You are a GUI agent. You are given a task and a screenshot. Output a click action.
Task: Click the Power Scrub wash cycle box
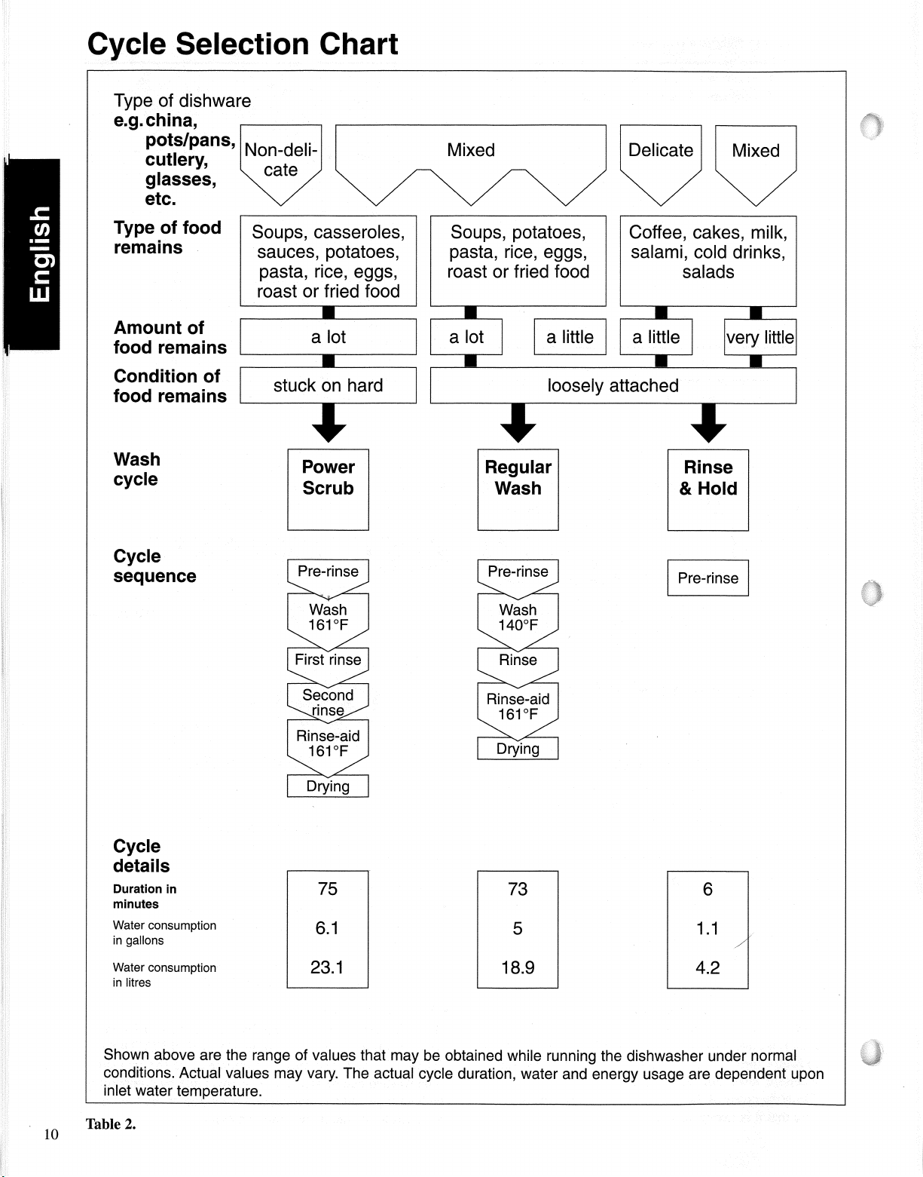tap(328, 489)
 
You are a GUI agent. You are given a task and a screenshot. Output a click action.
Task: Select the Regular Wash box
tap(518, 489)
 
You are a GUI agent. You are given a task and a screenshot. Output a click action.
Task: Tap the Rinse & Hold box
tap(708, 489)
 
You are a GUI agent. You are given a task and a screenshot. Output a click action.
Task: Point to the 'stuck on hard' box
tap(328, 385)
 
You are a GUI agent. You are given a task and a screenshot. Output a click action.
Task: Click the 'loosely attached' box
tap(613, 385)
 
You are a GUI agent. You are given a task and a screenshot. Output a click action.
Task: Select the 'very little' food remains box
tap(760, 337)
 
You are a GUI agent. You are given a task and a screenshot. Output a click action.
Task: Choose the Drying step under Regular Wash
tap(518, 749)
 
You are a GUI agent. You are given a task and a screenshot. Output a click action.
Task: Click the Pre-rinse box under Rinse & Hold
tap(708, 578)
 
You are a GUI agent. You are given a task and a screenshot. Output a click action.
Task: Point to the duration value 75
tap(327, 889)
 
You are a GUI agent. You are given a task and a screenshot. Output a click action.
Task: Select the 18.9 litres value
tap(518, 967)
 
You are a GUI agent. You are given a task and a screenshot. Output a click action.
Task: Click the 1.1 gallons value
tap(707, 928)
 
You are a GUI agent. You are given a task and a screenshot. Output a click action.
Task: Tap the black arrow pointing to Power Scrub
tap(329, 423)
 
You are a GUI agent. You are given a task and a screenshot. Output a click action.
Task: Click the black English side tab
tap(32, 255)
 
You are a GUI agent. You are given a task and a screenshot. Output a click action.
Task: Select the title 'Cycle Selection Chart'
tap(243, 44)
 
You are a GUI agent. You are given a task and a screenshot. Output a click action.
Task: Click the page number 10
tap(50, 1134)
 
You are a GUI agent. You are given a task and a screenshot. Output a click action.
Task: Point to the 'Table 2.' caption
tap(110, 1124)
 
